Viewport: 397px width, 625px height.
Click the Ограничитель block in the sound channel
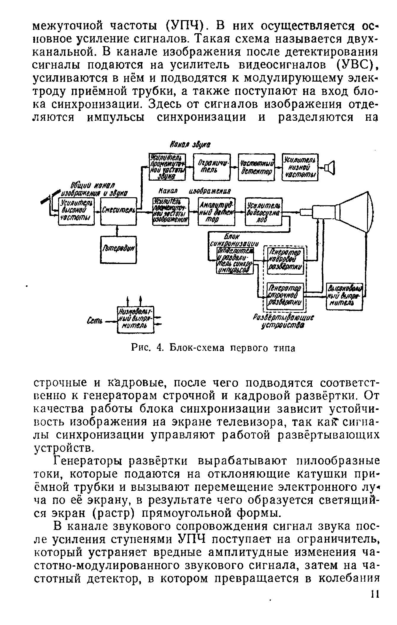pos(212,167)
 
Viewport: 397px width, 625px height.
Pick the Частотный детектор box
pos(257,167)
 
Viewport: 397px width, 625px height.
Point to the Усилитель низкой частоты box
pos(300,167)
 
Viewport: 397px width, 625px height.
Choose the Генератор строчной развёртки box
pos(285,295)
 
